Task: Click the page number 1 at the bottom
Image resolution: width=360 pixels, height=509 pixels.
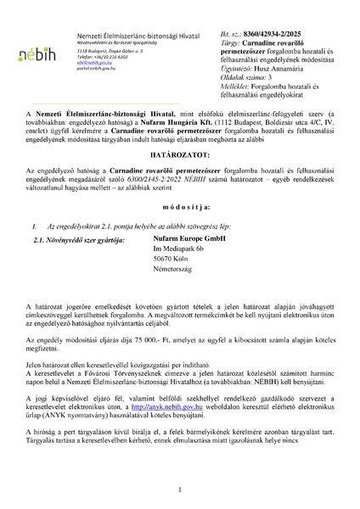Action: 180,489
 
